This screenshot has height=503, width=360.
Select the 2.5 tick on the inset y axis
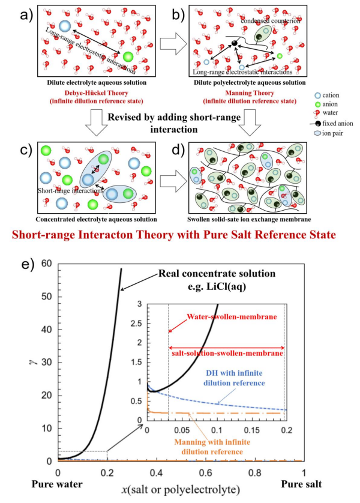click(x=139, y=324)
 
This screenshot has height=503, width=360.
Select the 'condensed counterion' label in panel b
click(x=268, y=21)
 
